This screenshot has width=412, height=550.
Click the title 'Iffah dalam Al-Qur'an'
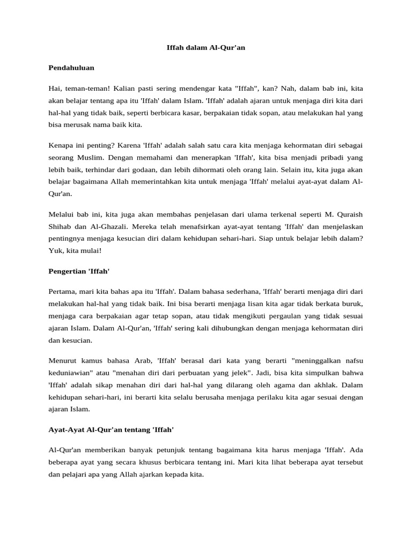click(205, 48)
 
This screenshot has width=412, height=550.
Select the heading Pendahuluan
click(71, 68)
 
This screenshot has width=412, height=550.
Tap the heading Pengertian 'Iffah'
click(79, 271)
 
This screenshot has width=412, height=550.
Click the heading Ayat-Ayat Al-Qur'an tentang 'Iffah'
click(111, 430)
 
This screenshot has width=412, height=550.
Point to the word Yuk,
click(55, 251)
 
